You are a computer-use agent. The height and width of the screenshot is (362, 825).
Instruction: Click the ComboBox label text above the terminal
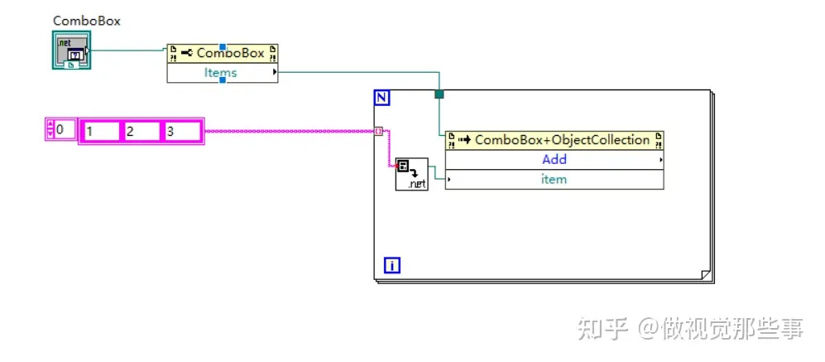[87, 21]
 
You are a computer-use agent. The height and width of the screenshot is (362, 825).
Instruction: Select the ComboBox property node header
[223, 53]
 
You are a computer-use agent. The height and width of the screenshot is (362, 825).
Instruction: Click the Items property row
[221, 73]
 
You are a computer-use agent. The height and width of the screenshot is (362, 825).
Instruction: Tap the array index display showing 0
[65, 129]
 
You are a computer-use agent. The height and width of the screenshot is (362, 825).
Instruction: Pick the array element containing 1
[101, 131]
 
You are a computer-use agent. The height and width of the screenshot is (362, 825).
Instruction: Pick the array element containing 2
[141, 131]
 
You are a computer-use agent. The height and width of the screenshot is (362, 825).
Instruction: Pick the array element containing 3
[181, 131]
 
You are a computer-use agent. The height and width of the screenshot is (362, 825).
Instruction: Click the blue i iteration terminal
[393, 266]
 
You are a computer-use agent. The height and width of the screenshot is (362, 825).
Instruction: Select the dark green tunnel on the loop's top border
[439, 94]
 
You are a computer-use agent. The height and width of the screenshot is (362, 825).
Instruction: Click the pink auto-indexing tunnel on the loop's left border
[378, 131]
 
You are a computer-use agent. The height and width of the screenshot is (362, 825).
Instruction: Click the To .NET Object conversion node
[411, 173]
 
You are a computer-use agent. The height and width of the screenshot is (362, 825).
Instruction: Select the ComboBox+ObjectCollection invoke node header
[554, 140]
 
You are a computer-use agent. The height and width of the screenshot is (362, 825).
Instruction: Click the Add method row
[554, 159]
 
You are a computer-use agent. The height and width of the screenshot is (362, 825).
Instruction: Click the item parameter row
[554, 179]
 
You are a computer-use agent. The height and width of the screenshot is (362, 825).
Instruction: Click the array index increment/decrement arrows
[50, 129]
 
